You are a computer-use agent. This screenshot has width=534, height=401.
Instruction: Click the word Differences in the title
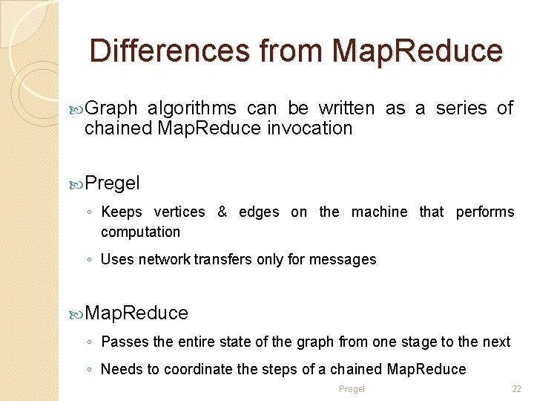(169, 50)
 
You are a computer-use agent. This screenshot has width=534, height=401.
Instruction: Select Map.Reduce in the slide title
(418, 50)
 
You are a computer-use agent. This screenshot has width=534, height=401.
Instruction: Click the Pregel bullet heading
(112, 183)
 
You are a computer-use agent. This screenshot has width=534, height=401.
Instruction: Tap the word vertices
(179, 212)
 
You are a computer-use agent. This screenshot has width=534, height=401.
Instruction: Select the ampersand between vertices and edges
(222, 212)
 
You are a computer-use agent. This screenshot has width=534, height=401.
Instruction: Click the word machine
(379, 212)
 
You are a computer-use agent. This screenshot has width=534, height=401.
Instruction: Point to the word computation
(140, 232)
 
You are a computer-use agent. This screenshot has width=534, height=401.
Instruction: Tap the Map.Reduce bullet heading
(136, 313)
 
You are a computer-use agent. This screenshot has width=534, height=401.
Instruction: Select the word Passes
(124, 342)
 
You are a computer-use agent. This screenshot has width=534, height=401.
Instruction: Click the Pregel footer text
(352, 389)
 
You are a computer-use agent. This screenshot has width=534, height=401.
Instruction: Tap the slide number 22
(517, 389)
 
